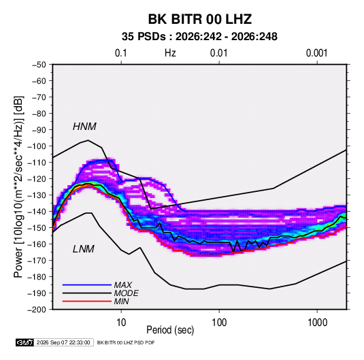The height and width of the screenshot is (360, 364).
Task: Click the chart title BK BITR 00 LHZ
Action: [200, 19]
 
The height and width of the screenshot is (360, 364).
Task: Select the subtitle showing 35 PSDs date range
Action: [199, 37]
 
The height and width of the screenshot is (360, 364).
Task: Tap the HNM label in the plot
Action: [84, 127]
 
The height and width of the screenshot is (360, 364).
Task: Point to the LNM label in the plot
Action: [84, 249]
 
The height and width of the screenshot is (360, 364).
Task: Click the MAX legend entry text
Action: [123, 285]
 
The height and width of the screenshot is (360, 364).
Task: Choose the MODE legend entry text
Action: [127, 293]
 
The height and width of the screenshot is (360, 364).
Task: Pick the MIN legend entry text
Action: [121, 301]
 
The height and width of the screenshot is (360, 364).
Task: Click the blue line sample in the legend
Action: [87, 285]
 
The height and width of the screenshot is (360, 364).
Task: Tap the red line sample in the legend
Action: [87, 301]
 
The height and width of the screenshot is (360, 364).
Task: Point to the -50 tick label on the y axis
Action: [39, 65]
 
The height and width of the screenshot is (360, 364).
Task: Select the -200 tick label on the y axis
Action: [37, 310]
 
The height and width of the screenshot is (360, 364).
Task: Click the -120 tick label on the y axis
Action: [37, 179]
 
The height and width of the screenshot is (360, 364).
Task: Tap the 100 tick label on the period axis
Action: [219, 323]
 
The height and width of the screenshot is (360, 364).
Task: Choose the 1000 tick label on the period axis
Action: [317, 323]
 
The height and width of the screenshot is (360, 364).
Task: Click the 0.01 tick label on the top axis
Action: [218, 53]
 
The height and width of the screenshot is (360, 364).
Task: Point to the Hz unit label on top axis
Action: [170, 53]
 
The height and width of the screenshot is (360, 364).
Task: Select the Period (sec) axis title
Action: [170, 330]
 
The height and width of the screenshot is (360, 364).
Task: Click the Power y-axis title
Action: [18, 187]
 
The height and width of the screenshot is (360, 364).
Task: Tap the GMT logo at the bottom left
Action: [25, 342]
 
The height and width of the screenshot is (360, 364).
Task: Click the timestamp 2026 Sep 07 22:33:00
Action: [63, 342]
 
